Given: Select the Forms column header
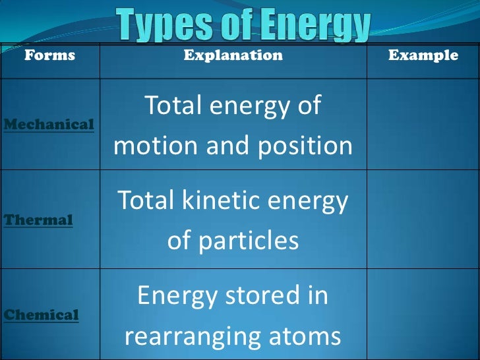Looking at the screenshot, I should tap(49, 55).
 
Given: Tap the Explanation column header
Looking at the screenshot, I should tap(233, 55).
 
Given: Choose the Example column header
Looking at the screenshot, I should tap(423, 55).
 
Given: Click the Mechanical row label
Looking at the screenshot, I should tap(49, 124).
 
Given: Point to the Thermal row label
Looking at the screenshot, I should tap(38, 220).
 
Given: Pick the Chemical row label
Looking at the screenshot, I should tap(41, 315).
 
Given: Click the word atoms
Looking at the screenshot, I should tap(307, 338).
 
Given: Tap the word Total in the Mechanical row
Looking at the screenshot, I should tap(177, 105).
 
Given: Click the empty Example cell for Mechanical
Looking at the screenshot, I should tap(423, 124).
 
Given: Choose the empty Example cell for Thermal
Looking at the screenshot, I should tap(423, 220).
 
